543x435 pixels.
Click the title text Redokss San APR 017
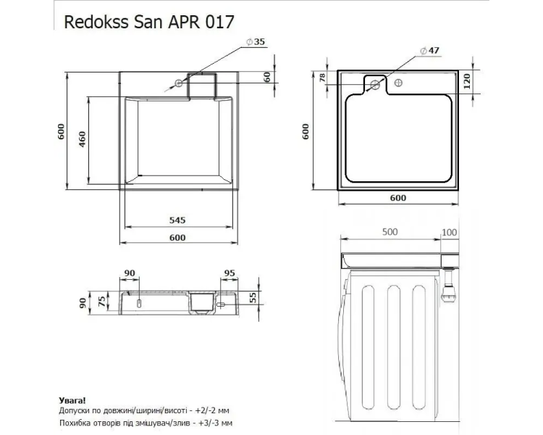coord(149,22)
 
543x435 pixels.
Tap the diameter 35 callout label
coord(256,42)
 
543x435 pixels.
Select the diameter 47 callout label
coord(430,51)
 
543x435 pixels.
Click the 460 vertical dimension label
coord(82,139)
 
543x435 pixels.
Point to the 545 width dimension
coord(177,220)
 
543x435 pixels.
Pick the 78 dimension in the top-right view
coord(322,78)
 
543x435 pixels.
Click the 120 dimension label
coord(467,81)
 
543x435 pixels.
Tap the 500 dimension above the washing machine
coord(390,232)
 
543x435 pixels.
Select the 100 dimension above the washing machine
coord(450,232)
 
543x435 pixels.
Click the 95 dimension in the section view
coord(230,273)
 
